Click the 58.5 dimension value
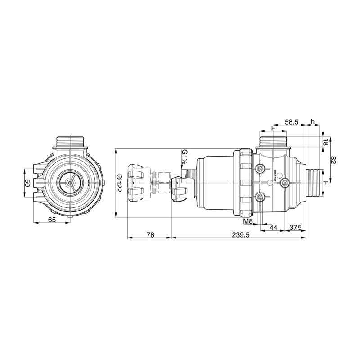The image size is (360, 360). pyautogui.click(x=292, y=122)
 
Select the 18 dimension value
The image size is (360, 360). pyautogui.click(x=325, y=142)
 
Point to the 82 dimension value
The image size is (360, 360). pyautogui.click(x=333, y=160)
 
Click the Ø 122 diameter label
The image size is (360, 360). pyautogui.click(x=119, y=183)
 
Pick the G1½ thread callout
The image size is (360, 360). pyautogui.click(x=184, y=158)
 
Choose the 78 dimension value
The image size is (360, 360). pyautogui.click(x=150, y=235)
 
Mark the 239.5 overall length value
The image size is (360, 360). pyautogui.click(x=240, y=235)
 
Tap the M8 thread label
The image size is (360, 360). pyautogui.click(x=247, y=222)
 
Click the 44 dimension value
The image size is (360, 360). pyautogui.click(x=273, y=228)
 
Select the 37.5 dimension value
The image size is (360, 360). pyautogui.click(x=295, y=228)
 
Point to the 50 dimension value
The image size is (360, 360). pyautogui.click(x=27, y=183)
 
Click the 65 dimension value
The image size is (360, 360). pyautogui.click(x=52, y=220)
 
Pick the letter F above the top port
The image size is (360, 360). pyautogui.click(x=273, y=129)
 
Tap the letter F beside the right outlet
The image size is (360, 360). pyautogui.click(x=327, y=184)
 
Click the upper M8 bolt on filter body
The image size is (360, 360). pyautogui.click(x=260, y=168)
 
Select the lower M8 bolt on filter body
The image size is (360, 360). pyautogui.click(x=260, y=197)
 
